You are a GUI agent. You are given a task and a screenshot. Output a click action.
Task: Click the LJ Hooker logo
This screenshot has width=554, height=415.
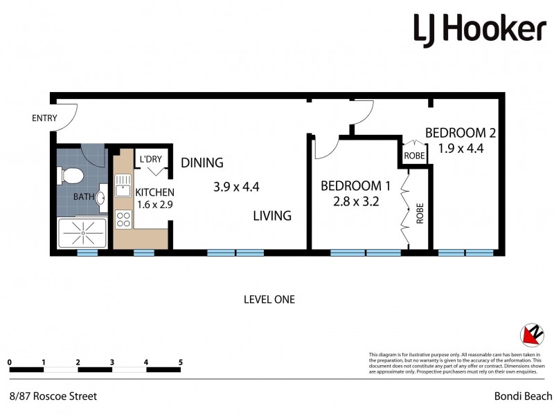479,30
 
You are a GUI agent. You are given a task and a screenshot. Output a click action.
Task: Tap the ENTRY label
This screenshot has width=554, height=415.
44,118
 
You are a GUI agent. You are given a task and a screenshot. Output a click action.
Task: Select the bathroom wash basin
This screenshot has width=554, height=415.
100,199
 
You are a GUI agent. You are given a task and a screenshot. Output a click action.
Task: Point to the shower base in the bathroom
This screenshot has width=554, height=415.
82,234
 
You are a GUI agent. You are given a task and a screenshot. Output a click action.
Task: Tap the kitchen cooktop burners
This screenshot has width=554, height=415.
123,219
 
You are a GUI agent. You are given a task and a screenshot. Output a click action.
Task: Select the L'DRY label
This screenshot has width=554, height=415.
150,160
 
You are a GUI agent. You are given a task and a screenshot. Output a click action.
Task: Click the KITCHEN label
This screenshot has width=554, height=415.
154,192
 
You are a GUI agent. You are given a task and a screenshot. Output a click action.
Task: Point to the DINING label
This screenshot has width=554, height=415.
202,163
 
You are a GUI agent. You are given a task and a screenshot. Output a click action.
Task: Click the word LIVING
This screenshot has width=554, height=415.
271,216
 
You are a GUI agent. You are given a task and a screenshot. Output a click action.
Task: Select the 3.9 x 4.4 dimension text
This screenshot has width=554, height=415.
235,186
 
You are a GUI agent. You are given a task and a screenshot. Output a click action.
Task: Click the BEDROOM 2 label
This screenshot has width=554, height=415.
461,132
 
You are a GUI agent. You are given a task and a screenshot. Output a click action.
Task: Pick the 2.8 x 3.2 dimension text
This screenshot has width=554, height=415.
356,202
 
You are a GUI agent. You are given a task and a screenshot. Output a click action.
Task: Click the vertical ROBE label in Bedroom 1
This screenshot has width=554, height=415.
420,214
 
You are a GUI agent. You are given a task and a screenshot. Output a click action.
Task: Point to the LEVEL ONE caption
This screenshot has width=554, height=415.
269,299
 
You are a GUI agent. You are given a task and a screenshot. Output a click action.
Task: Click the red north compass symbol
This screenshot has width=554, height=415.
531,335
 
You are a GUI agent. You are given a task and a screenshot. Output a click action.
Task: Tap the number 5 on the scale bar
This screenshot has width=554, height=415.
180,362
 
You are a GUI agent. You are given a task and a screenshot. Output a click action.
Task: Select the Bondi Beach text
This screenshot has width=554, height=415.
523,396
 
